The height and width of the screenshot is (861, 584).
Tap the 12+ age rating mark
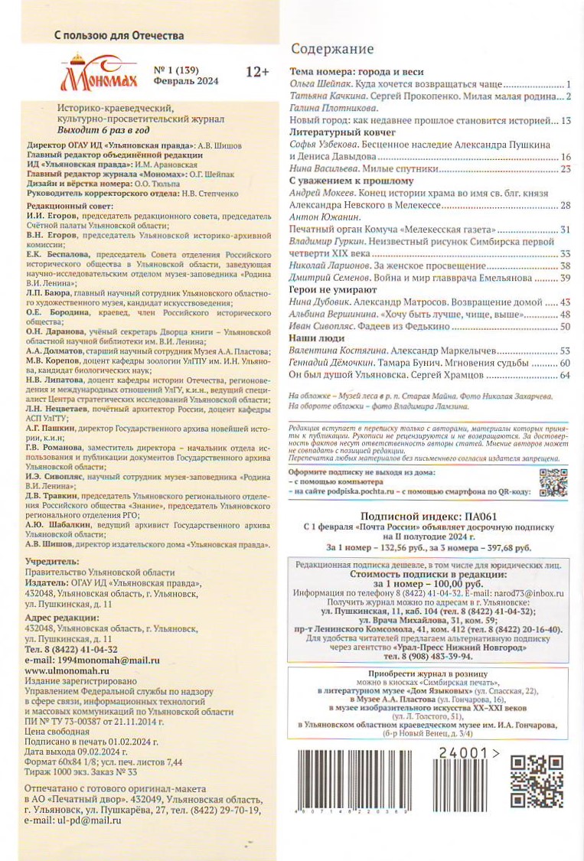[257, 72]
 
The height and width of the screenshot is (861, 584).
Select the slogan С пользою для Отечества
[119, 35]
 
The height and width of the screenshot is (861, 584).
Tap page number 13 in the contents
[566, 121]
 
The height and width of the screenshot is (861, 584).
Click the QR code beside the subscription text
[553, 484]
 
